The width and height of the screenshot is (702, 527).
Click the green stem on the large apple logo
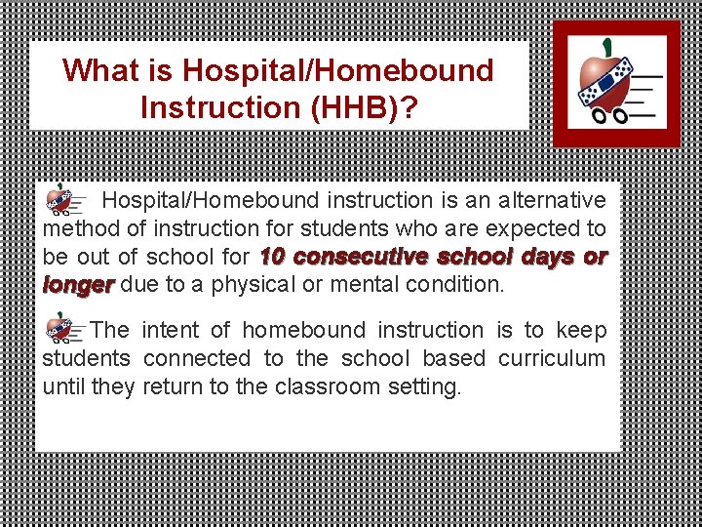[x=607, y=47]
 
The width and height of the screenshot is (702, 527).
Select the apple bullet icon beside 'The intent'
[x=61, y=330]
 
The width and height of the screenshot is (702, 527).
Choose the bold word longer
[x=78, y=285]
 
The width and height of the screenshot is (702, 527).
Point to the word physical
[x=263, y=285]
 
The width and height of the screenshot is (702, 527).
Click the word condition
[x=457, y=285]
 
